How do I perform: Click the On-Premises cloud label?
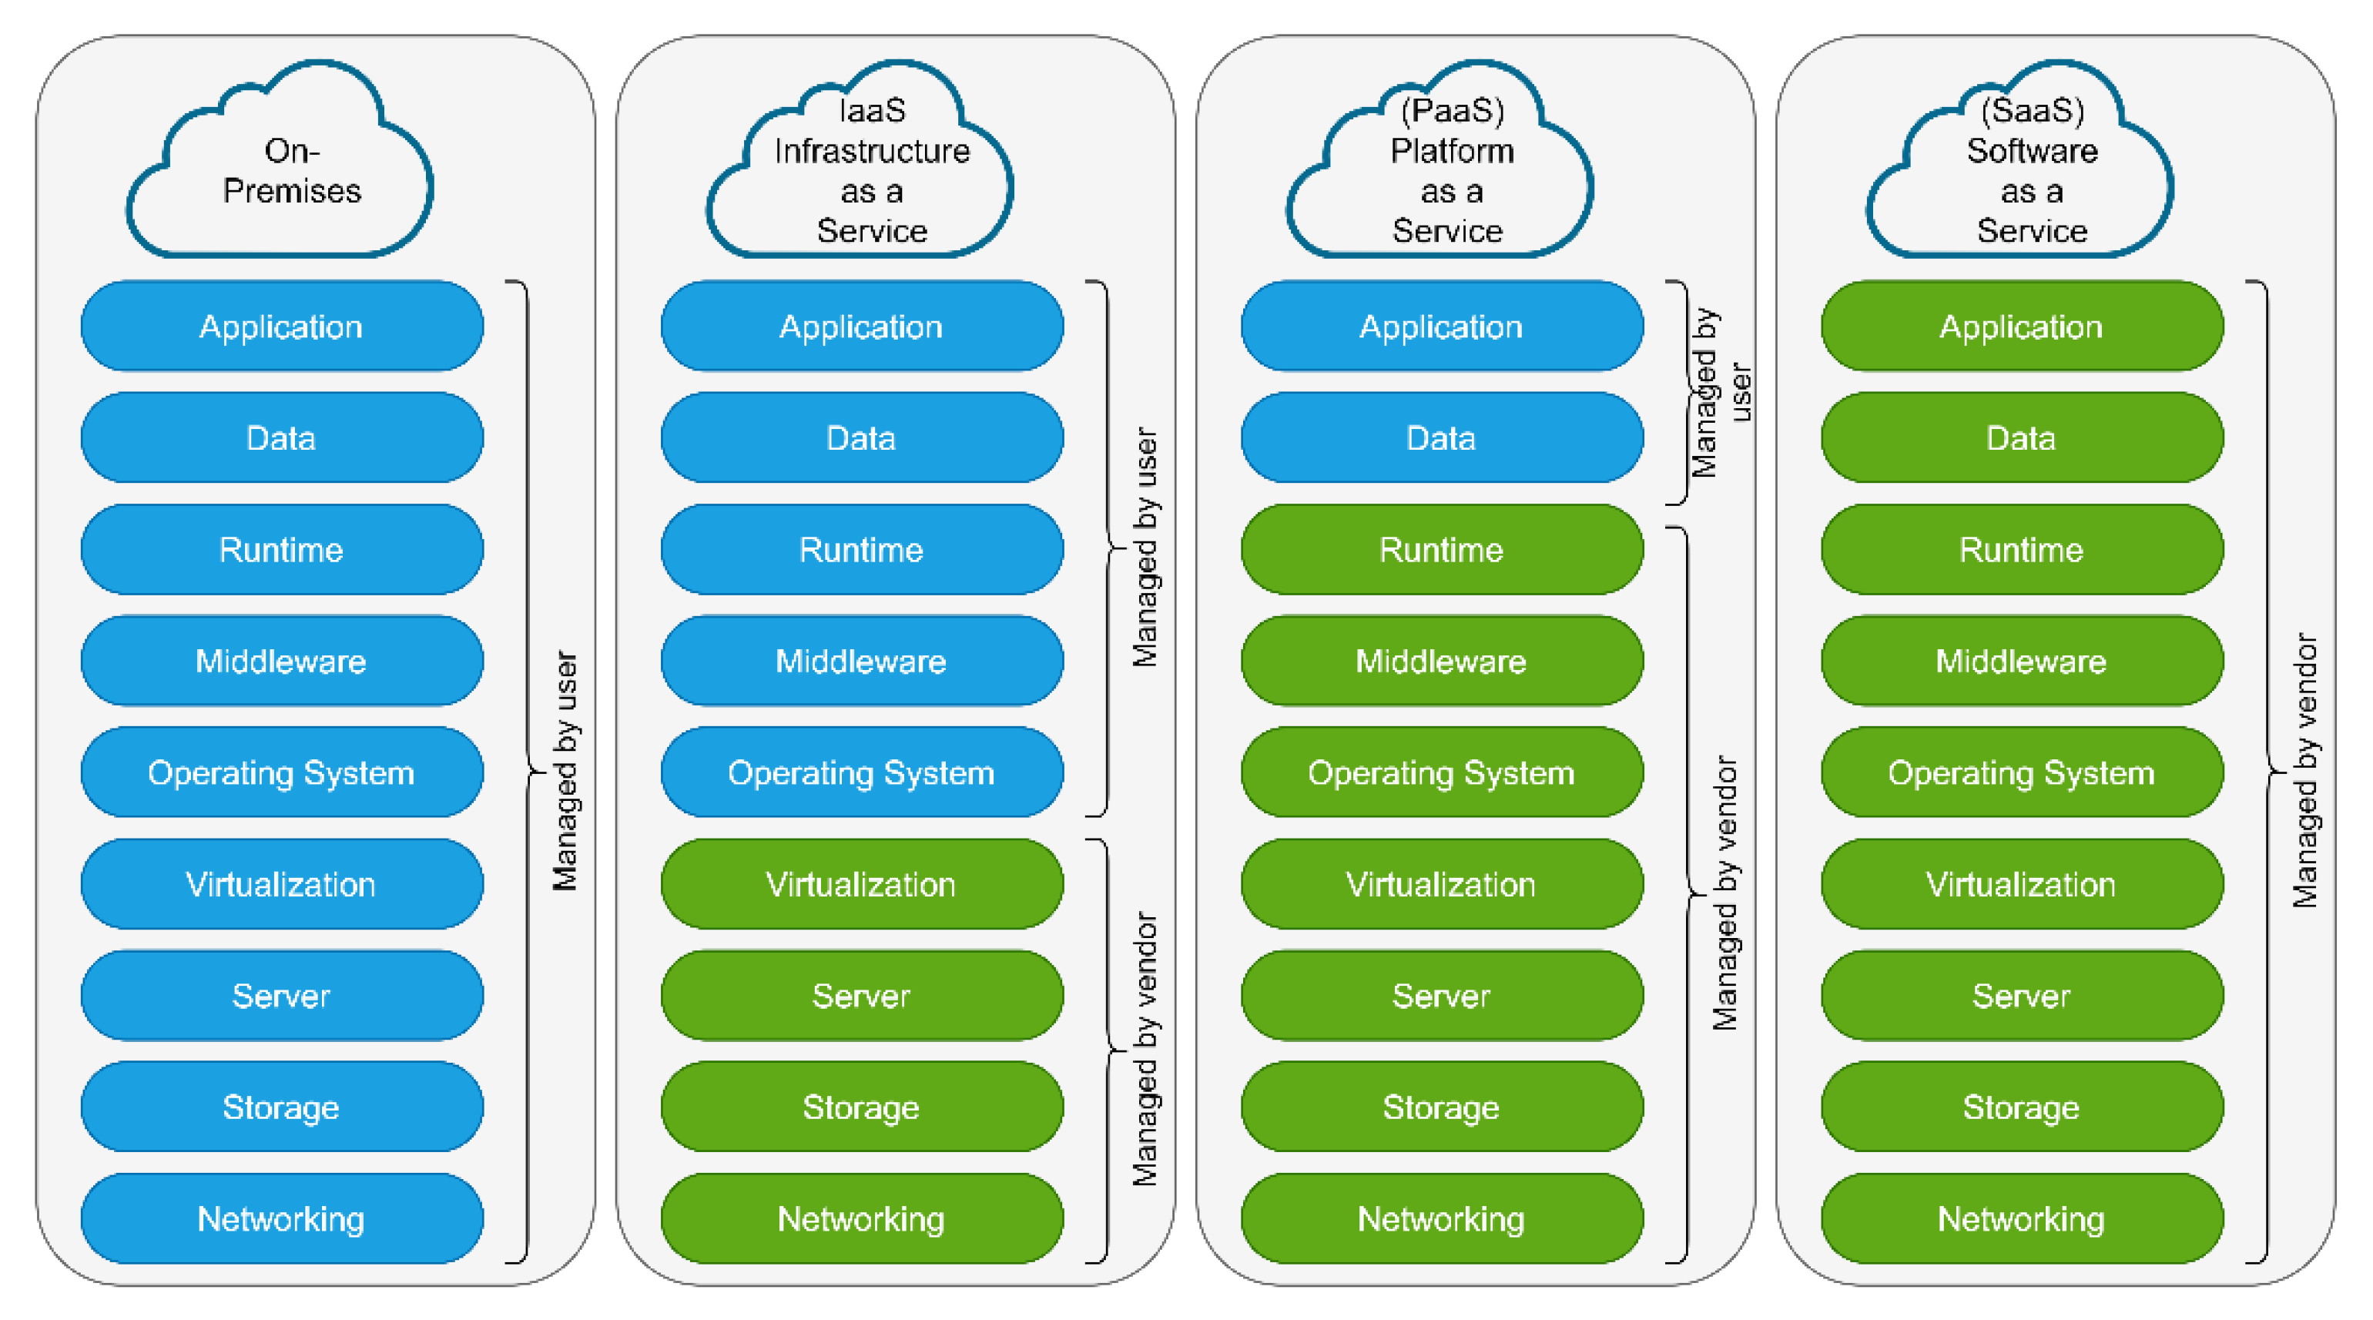(291, 170)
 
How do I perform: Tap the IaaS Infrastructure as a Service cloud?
(870, 170)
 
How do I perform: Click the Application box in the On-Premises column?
(282, 327)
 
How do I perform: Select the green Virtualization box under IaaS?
(861, 884)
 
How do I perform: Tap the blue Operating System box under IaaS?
(861, 773)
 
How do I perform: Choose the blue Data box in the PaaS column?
(1442, 438)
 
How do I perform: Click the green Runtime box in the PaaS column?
(1442, 550)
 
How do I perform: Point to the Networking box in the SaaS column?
(2021, 1218)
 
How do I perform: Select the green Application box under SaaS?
(2021, 327)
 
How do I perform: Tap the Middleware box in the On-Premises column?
(282, 662)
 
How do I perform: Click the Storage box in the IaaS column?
(861, 1107)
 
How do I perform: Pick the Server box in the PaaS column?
(1442, 996)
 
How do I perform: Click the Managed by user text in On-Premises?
(565, 772)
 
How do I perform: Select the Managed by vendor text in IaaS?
(1145, 1048)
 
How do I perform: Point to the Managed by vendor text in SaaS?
(2304, 770)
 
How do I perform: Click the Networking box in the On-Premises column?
(282, 1218)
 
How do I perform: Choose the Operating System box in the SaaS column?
(2021, 773)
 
